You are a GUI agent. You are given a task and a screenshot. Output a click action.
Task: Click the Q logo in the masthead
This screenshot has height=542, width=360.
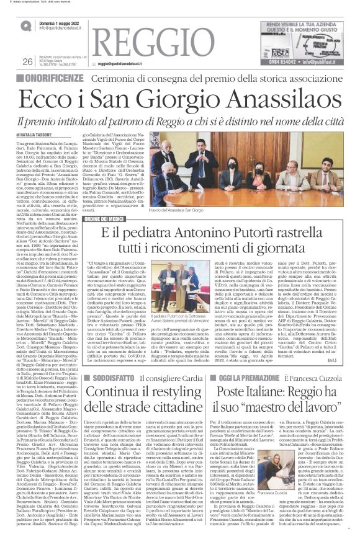27,25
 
